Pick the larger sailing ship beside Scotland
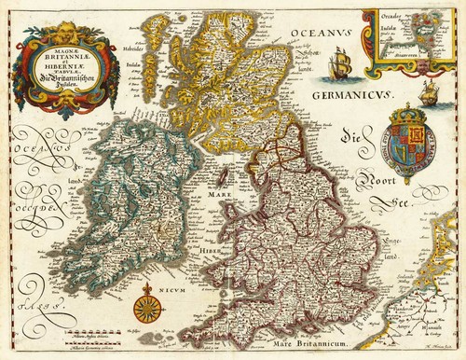coord(341,66)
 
